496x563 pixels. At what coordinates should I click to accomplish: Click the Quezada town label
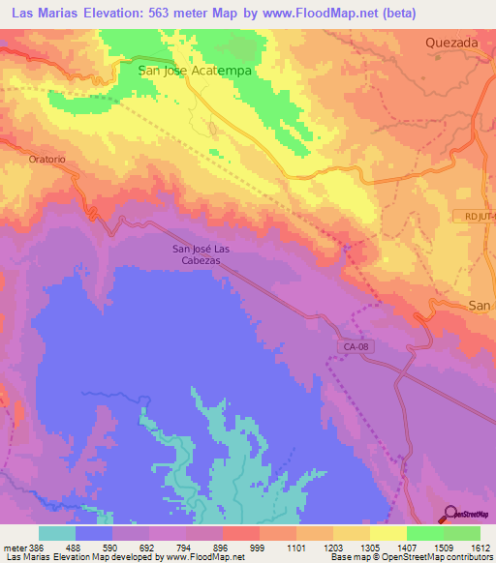coord(453,43)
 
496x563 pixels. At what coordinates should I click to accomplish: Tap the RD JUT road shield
coord(475,217)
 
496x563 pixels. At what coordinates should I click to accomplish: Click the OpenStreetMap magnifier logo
coord(450,515)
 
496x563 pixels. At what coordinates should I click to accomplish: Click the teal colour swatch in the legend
coord(57,533)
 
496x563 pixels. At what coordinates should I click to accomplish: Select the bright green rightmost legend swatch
coord(461,533)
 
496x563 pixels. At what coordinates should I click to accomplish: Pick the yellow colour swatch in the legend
coord(387,533)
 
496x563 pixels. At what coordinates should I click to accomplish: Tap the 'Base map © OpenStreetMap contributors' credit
coord(411,558)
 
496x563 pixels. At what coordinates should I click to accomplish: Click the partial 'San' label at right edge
coord(480,306)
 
